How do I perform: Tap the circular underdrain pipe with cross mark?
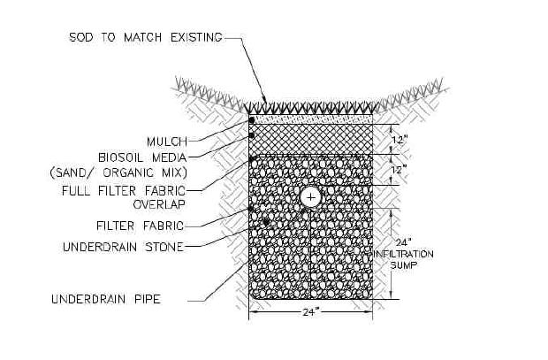tap(310, 195)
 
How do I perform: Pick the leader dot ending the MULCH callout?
tap(251, 119)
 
